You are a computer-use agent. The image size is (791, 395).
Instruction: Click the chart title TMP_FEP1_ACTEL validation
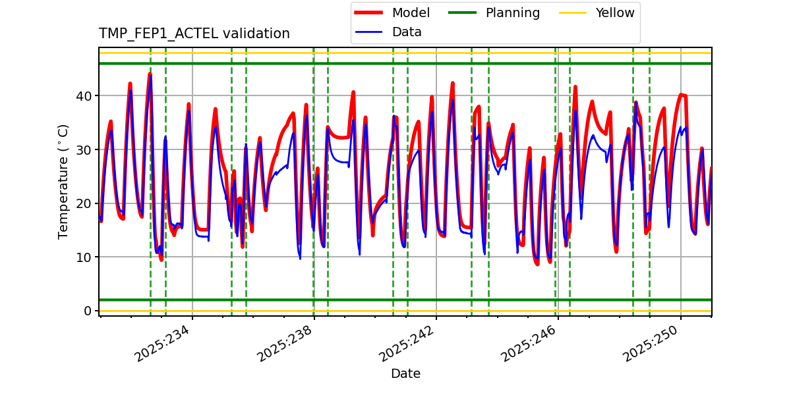pyautogui.click(x=194, y=34)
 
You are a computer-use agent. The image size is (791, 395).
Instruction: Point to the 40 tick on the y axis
pyautogui.click(x=85, y=96)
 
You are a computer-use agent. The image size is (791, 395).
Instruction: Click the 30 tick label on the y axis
pyautogui.click(x=85, y=150)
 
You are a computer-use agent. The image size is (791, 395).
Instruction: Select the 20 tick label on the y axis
pyautogui.click(x=85, y=203)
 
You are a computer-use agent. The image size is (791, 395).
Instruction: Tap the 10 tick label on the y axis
pyautogui.click(x=85, y=257)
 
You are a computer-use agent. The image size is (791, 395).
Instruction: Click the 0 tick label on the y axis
pyautogui.click(x=88, y=311)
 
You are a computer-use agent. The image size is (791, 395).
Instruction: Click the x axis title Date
pyautogui.click(x=405, y=374)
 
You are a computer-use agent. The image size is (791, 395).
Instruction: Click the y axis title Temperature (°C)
pyautogui.click(x=63, y=181)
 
